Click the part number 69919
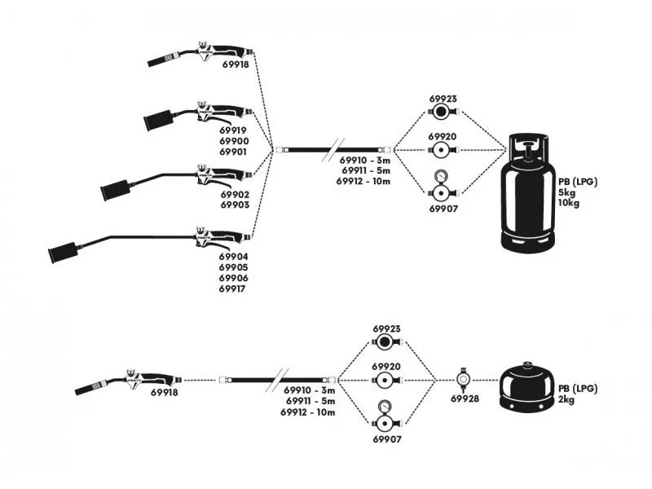click(x=234, y=130)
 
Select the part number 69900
click(x=234, y=141)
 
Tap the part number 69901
click(x=234, y=152)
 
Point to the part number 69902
click(x=234, y=195)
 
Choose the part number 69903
click(x=234, y=206)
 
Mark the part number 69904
click(x=234, y=257)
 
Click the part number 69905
click(x=234, y=267)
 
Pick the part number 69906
click(x=234, y=278)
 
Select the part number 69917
click(x=234, y=289)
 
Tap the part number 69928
click(x=465, y=399)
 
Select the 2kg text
click(x=566, y=399)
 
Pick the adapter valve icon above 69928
click(x=465, y=379)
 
